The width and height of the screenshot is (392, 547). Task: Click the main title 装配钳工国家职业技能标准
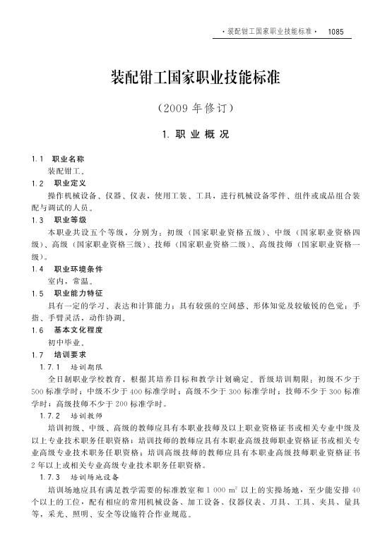(x=196, y=76)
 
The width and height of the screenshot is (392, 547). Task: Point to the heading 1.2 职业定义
(x=63, y=183)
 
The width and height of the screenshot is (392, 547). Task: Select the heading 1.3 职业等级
(x=63, y=220)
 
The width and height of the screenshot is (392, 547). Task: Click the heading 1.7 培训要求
(x=63, y=354)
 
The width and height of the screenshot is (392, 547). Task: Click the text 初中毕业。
(x=65, y=342)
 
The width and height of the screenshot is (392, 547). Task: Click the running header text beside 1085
(x=269, y=32)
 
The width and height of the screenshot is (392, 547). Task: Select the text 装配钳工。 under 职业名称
(x=65, y=172)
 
